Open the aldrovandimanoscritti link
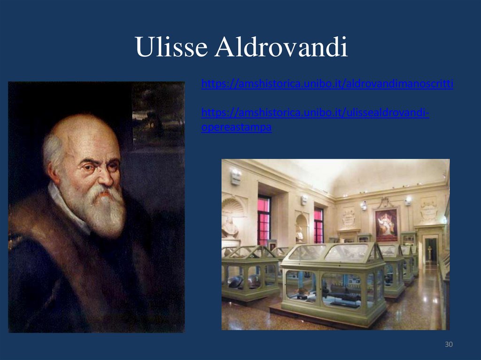(327, 84)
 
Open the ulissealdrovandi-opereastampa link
(315, 114)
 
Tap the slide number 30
(449, 345)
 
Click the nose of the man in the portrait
(105, 176)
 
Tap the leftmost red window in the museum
(264, 220)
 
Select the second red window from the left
(318, 225)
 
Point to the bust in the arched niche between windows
(299, 233)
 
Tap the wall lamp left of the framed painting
(363, 206)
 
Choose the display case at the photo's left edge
(249, 272)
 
